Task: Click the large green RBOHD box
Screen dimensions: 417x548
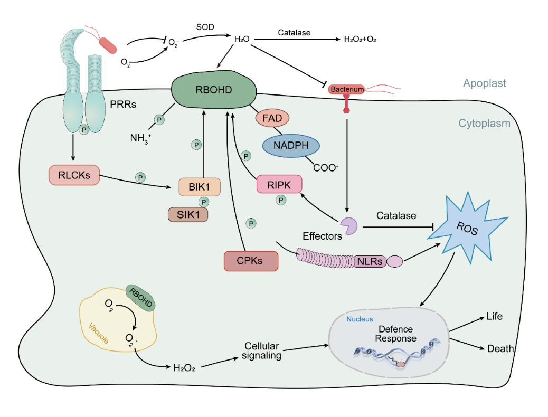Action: point(213,90)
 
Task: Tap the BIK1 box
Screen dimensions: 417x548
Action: point(200,187)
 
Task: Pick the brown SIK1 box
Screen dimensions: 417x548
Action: point(188,214)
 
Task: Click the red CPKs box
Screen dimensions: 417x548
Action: point(251,261)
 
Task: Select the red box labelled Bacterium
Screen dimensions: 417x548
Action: point(347,89)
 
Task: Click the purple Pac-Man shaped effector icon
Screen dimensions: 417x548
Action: point(348,225)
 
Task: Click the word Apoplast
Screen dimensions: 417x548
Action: point(484,83)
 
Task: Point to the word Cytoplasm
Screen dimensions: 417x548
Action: point(484,124)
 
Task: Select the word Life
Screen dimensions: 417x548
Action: point(494,317)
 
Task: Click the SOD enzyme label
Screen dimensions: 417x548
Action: point(205,26)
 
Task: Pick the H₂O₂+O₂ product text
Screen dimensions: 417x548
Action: point(360,39)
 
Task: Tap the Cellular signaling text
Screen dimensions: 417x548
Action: point(261,351)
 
